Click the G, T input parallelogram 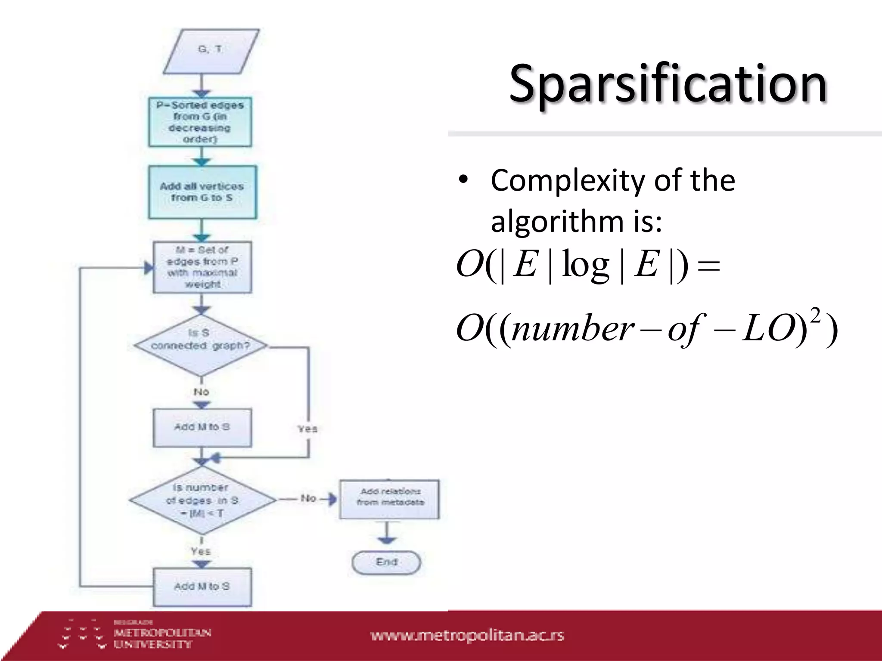pyautogui.click(x=211, y=51)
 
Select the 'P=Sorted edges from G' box pyautogui.click(x=200, y=122)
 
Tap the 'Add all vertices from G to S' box pyautogui.click(x=202, y=192)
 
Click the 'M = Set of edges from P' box pyautogui.click(x=202, y=267)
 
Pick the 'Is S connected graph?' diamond pyautogui.click(x=201, y=346)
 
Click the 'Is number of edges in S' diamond pyautogui.click(x=202, y=500)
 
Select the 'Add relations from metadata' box pyautogui.click(x=389, y=498)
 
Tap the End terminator pyautogui.click(x=386, y=562)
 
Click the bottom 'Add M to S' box pyautogui.click(x=202, y=587)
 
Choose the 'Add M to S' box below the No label pyautogui.click(x=202, y=427)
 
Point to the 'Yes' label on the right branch pyautogui.click(x=307, y=429)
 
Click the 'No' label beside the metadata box pyautogui.click(x=308, y=498)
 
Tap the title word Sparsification pyautogui.click(x=668, y=84)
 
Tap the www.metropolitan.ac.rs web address pyautogui.click(x=467, y=636)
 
